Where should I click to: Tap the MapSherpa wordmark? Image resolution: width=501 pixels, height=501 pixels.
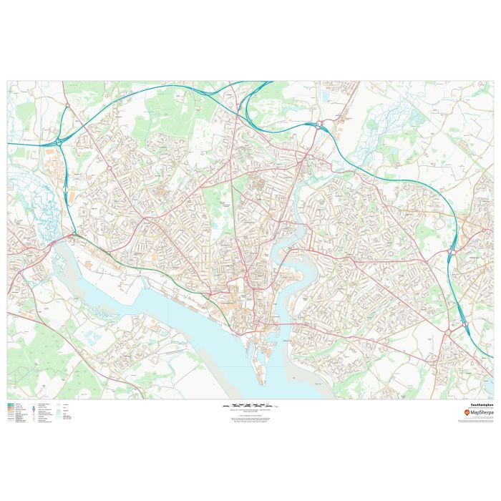(x=479, y=413)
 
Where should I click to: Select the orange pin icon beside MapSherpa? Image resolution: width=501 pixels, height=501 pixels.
(x=467, y=413)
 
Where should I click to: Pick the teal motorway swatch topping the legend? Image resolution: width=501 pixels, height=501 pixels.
(x=11, y=404)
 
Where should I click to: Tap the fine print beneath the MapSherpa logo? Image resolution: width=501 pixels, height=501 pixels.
(x=477, y=421)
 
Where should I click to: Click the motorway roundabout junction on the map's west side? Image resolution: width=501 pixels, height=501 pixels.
(x=73, y=233)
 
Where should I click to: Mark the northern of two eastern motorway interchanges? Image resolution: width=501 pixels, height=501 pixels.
(x=452, y=251)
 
